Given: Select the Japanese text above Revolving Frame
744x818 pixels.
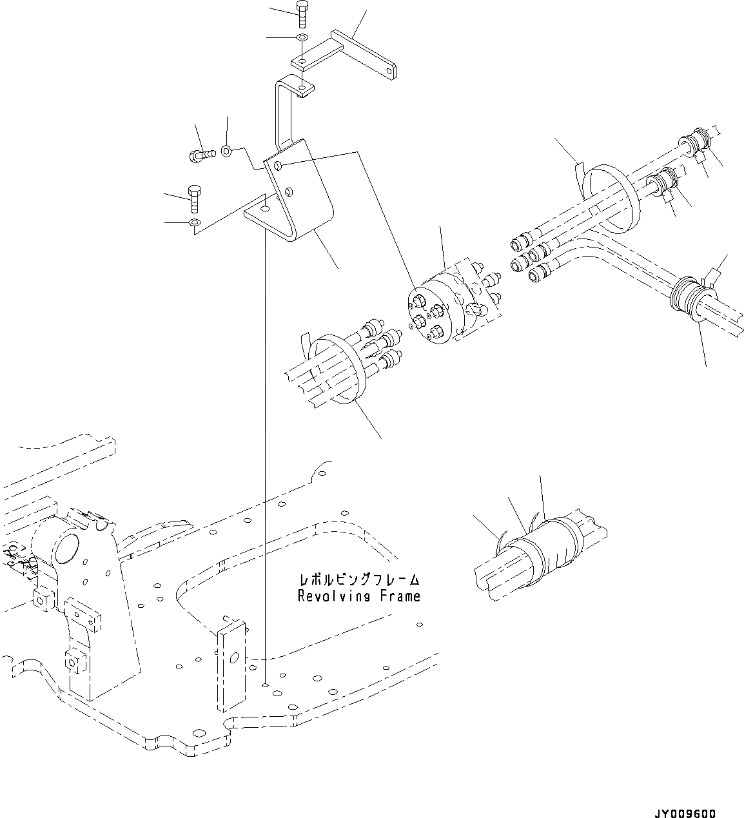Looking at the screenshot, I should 358,579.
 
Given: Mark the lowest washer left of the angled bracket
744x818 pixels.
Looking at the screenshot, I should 193,222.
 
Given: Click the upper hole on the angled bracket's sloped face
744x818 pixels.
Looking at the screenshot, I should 278,166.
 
